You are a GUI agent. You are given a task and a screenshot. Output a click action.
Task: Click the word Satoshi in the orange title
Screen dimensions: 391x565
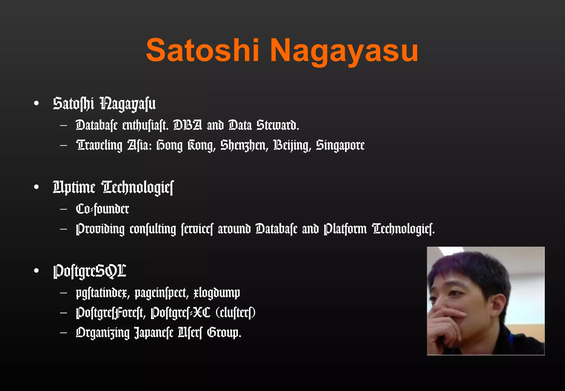[x=202, y=50]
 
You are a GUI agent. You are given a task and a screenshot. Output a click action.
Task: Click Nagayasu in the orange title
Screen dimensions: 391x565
[x=344, y=51]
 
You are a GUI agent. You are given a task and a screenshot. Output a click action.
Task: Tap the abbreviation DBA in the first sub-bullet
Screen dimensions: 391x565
[x=188, y=125]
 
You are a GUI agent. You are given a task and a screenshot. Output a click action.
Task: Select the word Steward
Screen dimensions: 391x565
[x=278, y=125]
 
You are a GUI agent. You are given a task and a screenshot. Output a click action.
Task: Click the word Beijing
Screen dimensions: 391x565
[x=292, y=145]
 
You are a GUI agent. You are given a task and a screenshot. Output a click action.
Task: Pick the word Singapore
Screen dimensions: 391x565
[x=340, y=145]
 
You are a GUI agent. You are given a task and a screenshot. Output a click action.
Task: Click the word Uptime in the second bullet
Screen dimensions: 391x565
[x=74, y=188]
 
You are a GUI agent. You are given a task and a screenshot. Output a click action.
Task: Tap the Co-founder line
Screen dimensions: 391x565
[x=102, y=209]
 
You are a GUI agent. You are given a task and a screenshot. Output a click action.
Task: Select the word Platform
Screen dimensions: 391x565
[x=345, y=229]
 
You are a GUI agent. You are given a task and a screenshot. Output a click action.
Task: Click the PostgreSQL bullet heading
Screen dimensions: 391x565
[x=90, y=271]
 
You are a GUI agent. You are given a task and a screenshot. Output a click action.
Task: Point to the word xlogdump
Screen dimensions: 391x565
[x=217, y=293]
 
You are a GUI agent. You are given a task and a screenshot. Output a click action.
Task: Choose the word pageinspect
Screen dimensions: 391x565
[x=161, y=293]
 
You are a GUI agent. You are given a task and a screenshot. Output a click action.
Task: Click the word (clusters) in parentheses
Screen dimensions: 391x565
[x=235, y=313]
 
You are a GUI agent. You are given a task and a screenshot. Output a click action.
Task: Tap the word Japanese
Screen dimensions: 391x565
[x=154, y=333]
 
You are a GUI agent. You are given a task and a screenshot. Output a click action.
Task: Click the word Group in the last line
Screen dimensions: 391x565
[x=224, y=333]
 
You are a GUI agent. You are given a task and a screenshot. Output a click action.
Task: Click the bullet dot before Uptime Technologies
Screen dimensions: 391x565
[x=36, y=187]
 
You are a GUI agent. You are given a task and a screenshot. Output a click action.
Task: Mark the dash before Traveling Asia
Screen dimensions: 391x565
[x=63, y=145]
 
